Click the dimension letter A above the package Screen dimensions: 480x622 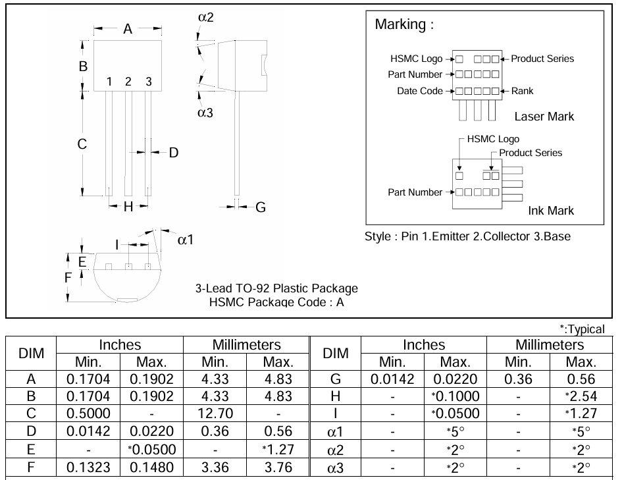128,29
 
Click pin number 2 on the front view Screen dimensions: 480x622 128,82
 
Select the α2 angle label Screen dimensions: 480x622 205,17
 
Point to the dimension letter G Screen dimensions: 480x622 260,207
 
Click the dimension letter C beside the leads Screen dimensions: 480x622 82,144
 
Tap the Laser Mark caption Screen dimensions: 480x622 544,117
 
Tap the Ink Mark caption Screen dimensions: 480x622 550,211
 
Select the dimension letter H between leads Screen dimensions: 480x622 128,207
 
